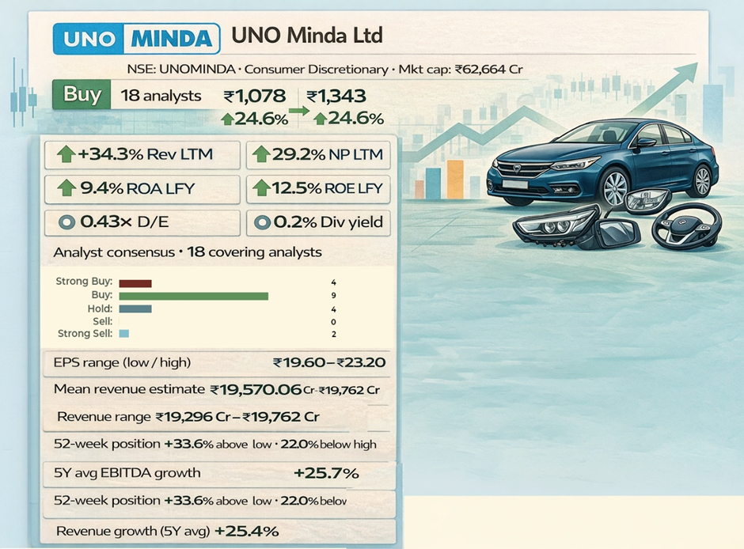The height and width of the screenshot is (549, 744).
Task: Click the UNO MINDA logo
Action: [x=136, y=38]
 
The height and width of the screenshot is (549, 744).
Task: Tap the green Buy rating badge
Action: [x=82, y=95]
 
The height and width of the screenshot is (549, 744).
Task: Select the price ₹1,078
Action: [x=254, y=97]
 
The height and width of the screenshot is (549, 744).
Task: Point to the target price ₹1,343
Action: [x=336, y=97]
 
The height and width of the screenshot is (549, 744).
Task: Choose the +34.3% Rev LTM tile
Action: [x=142, y=154]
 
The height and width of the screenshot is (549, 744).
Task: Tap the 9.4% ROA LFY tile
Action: [x=142, y=189]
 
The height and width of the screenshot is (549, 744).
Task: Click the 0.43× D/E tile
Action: [x=142, y=222]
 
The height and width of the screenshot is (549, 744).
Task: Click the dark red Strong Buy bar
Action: [x=135, y=282]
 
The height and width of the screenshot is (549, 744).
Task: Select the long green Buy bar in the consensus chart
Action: [x=194, y=296]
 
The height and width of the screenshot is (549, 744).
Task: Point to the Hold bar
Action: [x=135, y=309]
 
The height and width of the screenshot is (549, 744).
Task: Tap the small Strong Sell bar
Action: [x=123, y=335]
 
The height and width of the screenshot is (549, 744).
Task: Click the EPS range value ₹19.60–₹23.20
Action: [x=328, y=363]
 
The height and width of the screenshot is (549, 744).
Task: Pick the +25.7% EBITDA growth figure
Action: [x=326, y=473]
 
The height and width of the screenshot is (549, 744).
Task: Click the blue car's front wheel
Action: [x=615, y=187]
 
